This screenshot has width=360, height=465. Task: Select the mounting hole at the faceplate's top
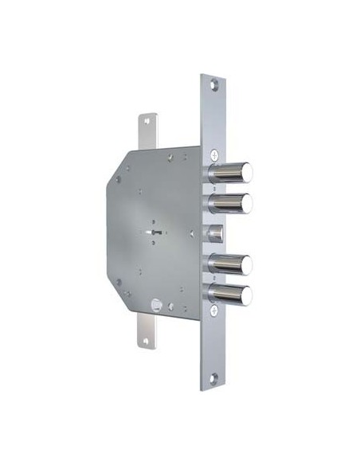212,84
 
